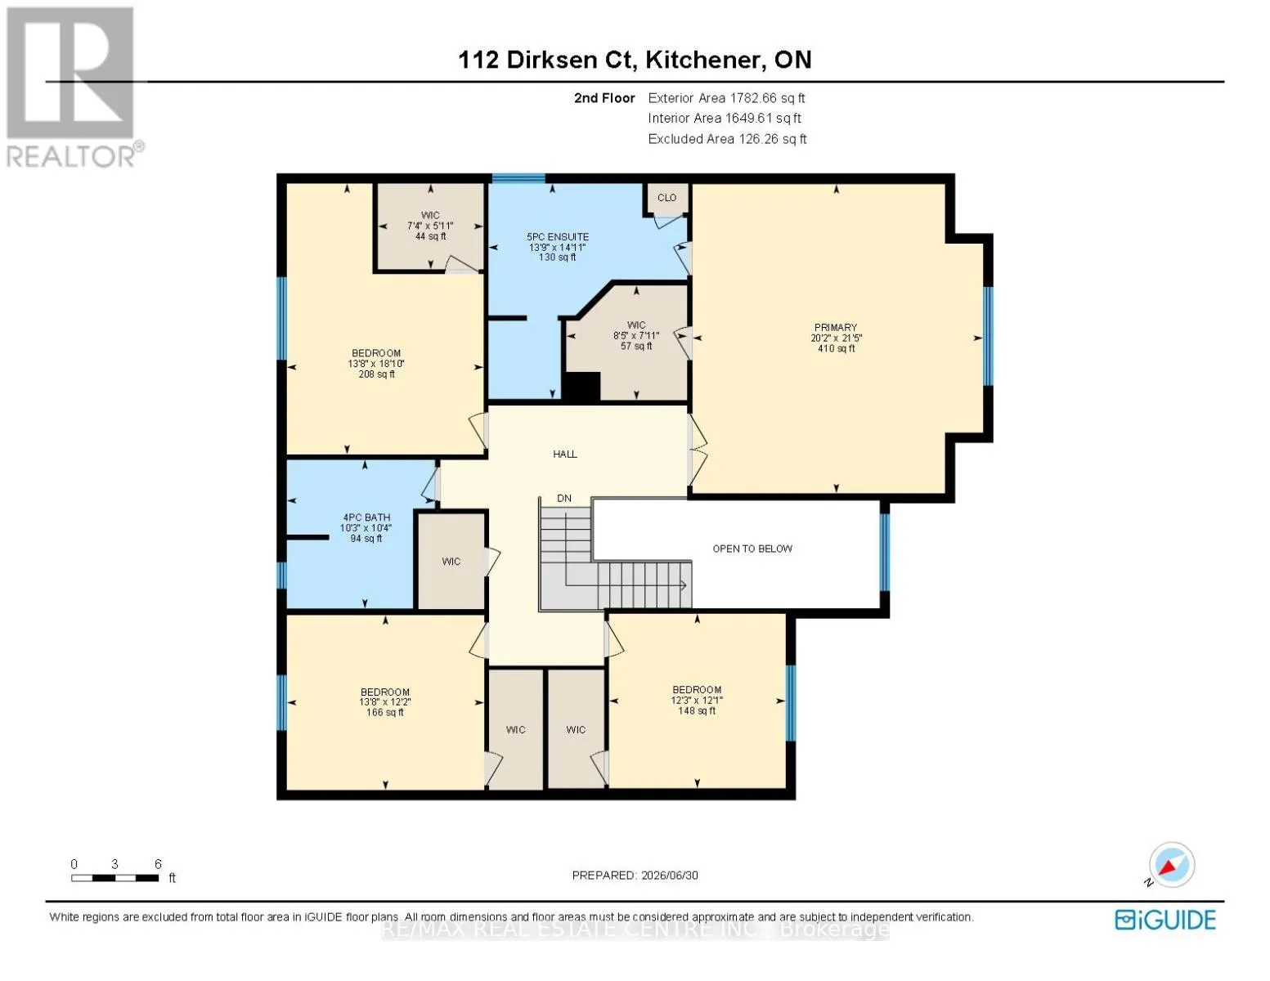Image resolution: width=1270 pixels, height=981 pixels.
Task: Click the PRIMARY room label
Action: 836,327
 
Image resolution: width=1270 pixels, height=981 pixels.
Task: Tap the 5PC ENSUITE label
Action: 558,236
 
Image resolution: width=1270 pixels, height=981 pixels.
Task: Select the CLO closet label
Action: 666,198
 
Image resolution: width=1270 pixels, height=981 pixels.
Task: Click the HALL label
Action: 565,454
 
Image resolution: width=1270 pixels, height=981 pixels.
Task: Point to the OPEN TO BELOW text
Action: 752,549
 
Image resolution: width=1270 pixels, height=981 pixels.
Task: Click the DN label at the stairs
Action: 564,499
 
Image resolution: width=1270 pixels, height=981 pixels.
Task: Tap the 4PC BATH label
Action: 366,517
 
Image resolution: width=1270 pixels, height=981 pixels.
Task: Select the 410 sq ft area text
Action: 836,348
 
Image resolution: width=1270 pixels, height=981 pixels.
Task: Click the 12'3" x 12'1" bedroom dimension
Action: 697,700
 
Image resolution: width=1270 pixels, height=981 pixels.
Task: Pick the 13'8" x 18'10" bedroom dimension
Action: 376,364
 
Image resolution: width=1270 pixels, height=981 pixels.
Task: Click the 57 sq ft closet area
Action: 636,346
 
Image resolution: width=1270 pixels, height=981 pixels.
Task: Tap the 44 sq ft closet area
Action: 430,236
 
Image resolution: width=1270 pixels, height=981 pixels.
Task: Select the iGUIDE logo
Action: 1165,920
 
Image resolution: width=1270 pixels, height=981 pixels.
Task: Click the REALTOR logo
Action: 74,87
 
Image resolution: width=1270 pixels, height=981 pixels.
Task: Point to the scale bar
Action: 115,878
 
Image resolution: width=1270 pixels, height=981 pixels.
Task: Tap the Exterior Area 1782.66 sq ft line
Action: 726,98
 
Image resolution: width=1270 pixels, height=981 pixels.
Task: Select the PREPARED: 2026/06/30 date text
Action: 635,876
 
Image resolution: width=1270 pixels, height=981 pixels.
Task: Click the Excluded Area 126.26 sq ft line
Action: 727,139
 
